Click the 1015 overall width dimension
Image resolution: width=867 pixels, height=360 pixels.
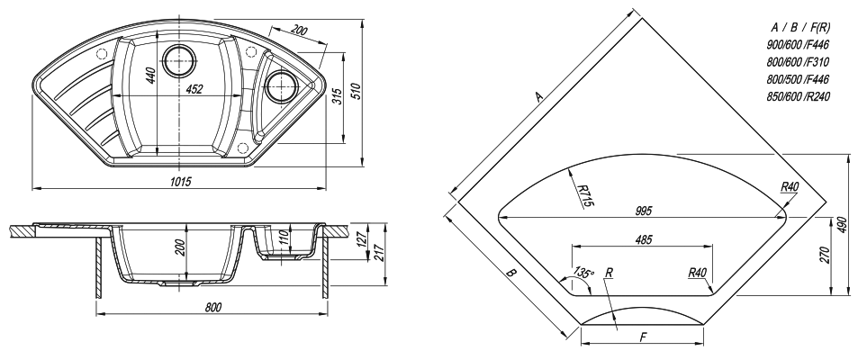click(181, 182)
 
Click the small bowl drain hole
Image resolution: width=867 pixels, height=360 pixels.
click(282, 85)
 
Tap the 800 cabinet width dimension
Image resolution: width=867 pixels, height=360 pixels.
click(212, 308)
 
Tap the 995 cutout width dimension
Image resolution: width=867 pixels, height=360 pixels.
click(644, 211)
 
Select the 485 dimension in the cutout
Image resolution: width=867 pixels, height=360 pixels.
click(644, 239)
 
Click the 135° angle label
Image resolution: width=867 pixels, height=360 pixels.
click(583, 273)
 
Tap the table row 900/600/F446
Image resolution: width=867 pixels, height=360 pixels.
click(799, 45)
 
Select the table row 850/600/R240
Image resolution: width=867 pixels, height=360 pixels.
click(799, 96)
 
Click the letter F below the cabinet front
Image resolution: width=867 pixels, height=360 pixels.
click(643, 337)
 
